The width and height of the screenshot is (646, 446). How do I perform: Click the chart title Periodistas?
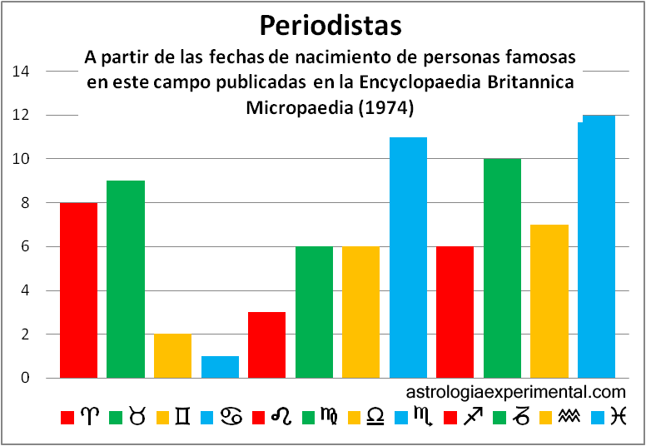330,25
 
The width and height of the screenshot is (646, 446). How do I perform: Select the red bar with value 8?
78,290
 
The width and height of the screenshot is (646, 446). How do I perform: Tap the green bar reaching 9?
126,280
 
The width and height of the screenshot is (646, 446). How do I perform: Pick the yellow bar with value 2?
172,356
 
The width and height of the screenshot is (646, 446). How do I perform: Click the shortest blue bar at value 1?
220,367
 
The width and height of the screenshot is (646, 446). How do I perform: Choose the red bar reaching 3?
266,345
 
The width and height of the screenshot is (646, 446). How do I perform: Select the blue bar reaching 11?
408,258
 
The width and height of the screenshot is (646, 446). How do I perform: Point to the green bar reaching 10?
502,269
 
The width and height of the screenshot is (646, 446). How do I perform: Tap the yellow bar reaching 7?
549,301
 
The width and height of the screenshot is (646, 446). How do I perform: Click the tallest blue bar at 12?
597,247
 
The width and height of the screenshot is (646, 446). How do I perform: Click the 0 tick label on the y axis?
25,379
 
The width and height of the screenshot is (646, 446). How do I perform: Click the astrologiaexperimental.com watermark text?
516,391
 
